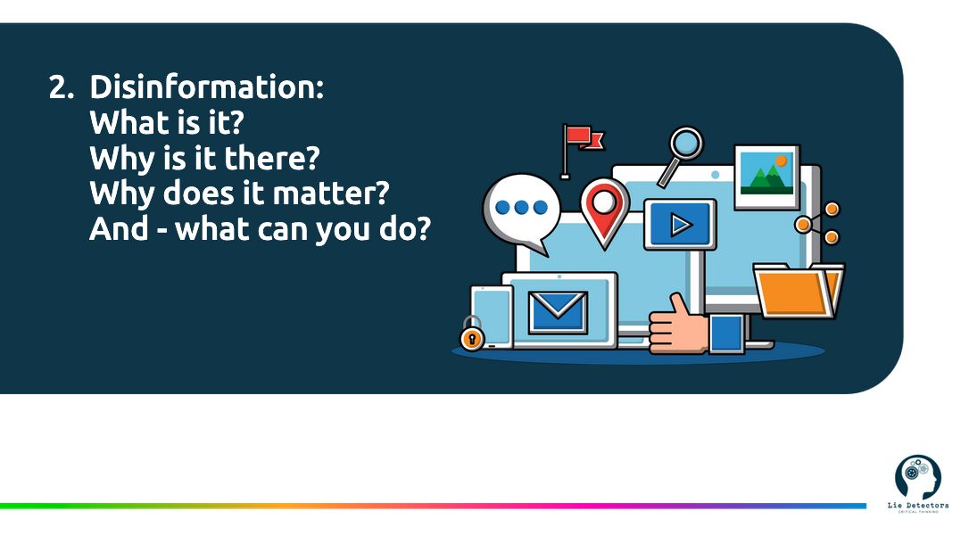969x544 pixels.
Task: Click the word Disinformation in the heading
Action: point(206,87)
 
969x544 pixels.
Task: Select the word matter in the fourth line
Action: point(331,194)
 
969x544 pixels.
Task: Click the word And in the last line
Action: point(119,229)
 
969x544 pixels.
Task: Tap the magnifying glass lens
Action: point(686,144)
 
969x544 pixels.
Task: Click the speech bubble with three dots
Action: point(521,211)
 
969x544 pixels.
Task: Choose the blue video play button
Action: point(680,224)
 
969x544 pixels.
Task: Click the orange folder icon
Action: point(798,291)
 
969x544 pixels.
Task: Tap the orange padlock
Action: point(472,334)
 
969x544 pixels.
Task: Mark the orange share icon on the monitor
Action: point(817,223)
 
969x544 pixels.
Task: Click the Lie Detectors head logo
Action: point(918,477)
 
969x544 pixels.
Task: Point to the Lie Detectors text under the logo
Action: point(918,505)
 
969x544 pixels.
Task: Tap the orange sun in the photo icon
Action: point(781,161)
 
